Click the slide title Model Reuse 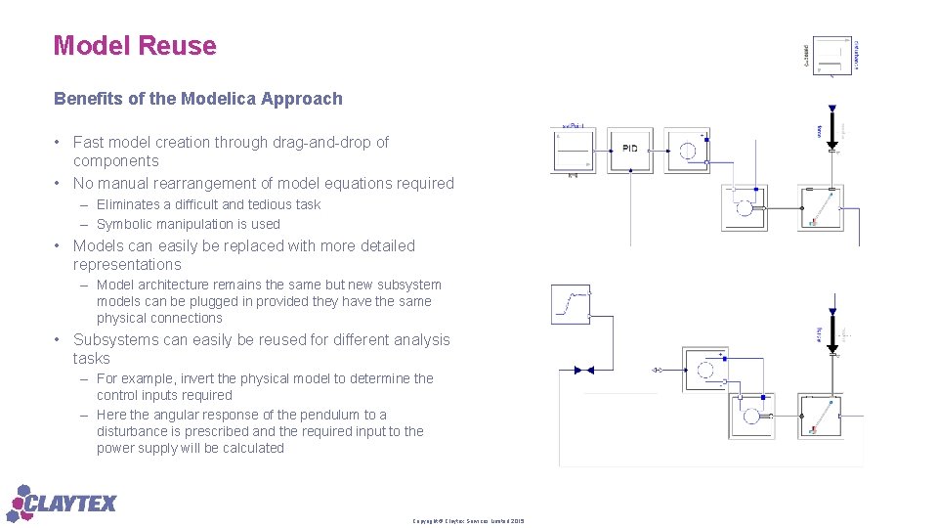(x=135, y=46)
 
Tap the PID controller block (x=630, y=150)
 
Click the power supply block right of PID (x=688, y=150)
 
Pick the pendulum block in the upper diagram (x=820, y=207)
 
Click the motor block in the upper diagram (x=745, y=207)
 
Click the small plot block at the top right (x=832, y=56)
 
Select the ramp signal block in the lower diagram (x=571, y=304)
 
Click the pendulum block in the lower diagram (x=820, y=416)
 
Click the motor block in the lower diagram (x=751, y=416)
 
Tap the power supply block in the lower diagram (x=705, y=370)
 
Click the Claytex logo (x=63, y=503)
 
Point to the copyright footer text (x=468, y=520)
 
